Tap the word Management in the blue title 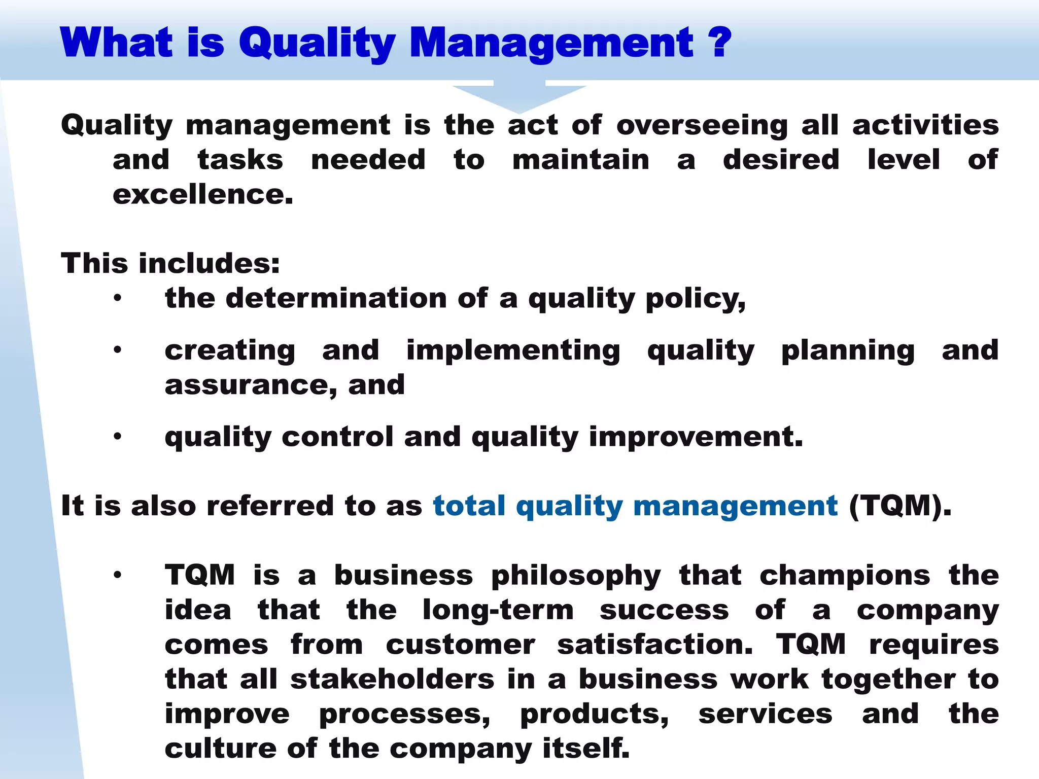[x=551, y=44]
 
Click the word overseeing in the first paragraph [x=702, y=125]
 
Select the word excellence [x=202, y=194]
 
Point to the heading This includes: [x=170, y=263]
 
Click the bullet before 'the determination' [x=118, y=298]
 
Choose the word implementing [x=513, y=350]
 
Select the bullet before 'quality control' [x=118, y=437]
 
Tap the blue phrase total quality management [x=635, y=506]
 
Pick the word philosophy [x=576, y=576]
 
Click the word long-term [x=498, y=610]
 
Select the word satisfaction [x=654, y=645]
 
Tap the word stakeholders [x=392, y=679]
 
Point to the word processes [x=404, y=714]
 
